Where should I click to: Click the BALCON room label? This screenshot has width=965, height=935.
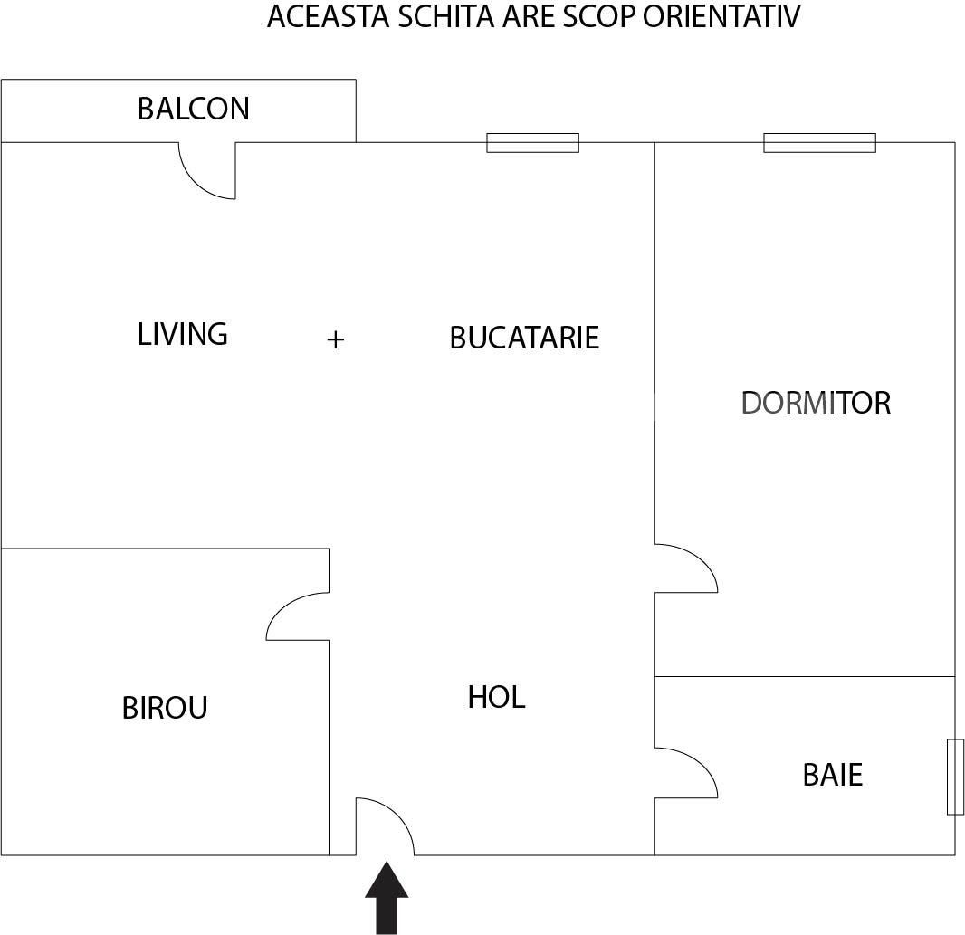(x=193, y=109)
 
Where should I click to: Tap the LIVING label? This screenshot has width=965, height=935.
(x=182, y=334)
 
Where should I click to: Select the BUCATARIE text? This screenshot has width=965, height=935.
(x=524, y=338)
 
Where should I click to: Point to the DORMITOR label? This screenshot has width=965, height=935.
(x=816, y=403)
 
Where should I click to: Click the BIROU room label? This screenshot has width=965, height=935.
(x=165, y=708)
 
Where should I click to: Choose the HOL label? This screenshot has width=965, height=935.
(x=496, y=698)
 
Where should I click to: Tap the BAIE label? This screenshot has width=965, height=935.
(x=832, y=776)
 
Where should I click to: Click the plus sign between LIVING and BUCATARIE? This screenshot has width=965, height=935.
(x=335, y=339)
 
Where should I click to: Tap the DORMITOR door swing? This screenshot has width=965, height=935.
(x=689, y=567)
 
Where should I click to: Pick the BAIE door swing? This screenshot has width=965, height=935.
(x=689, y=770)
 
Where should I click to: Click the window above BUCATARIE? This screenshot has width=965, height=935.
(x=532, y=143)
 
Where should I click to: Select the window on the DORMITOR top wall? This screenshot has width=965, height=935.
(x=819, y=143)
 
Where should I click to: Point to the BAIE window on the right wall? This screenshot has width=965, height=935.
(x=955, y=777)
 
